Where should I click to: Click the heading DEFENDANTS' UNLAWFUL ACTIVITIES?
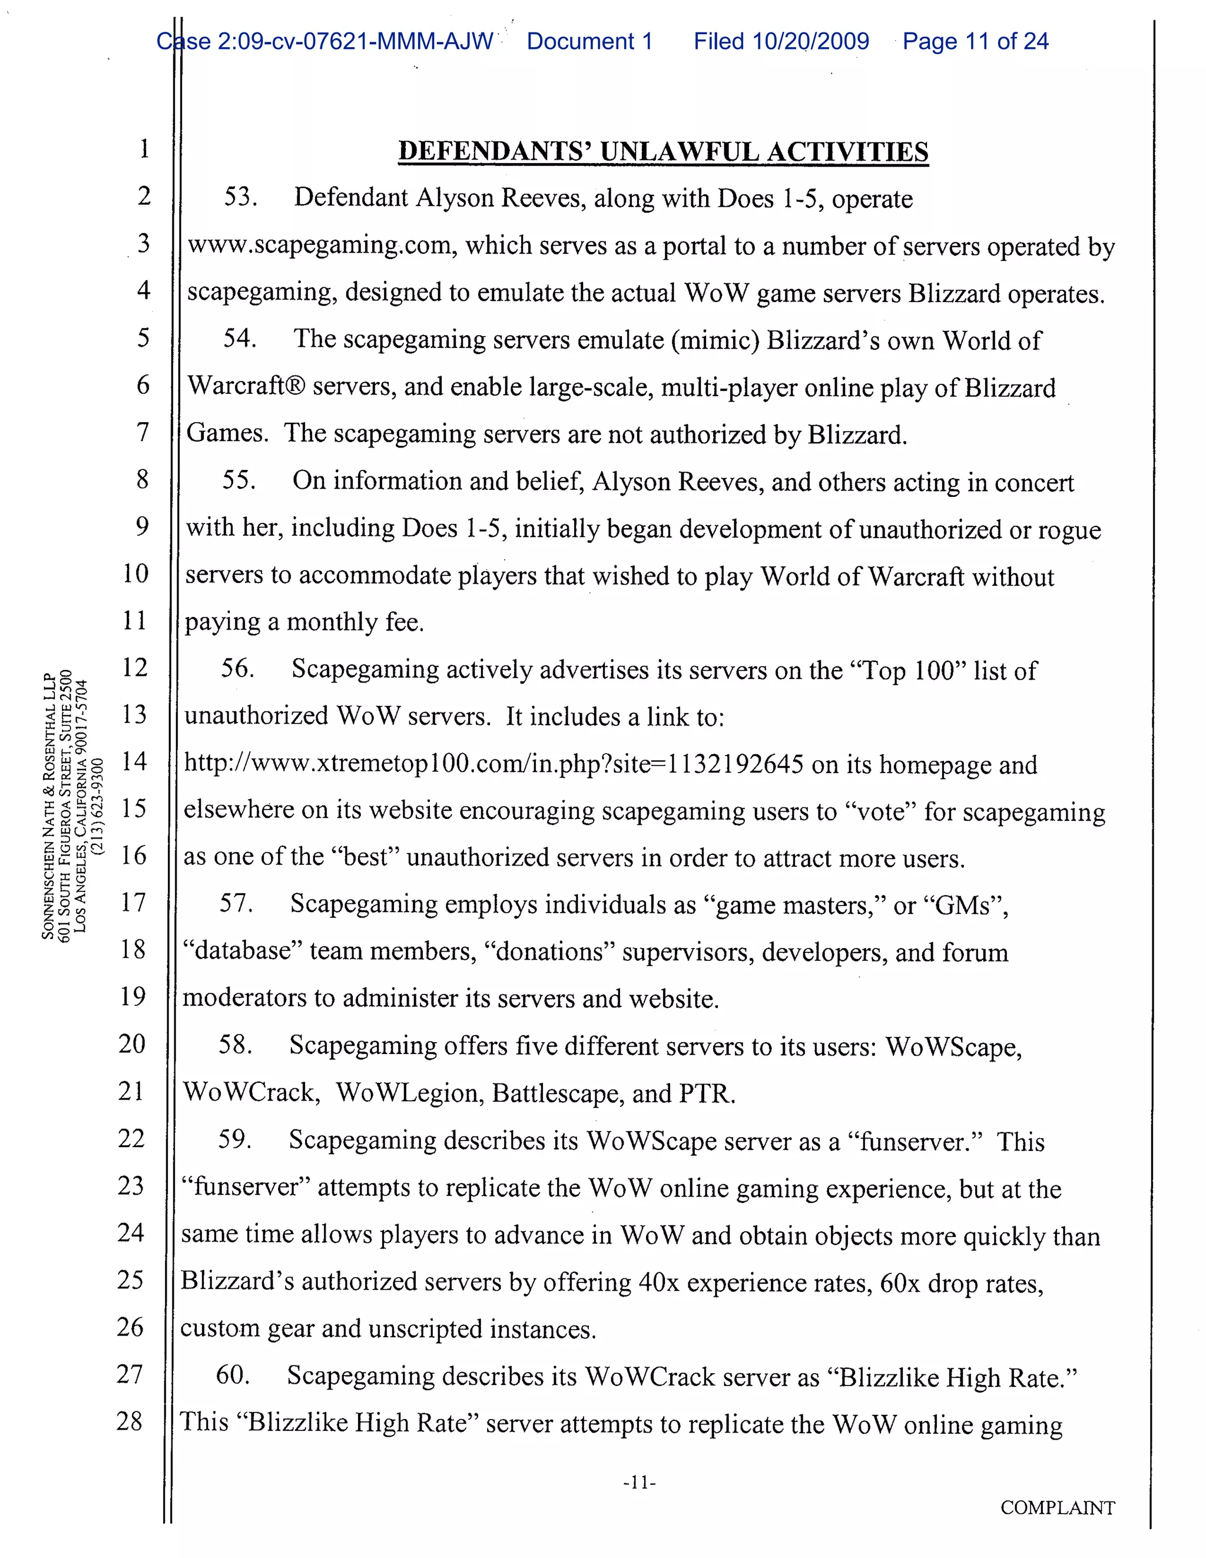663,152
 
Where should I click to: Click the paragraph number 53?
240,197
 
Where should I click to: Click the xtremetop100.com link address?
493,764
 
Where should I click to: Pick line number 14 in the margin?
134,761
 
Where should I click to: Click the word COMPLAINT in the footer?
1057,1507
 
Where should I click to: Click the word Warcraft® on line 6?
246,387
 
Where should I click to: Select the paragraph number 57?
236,904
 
